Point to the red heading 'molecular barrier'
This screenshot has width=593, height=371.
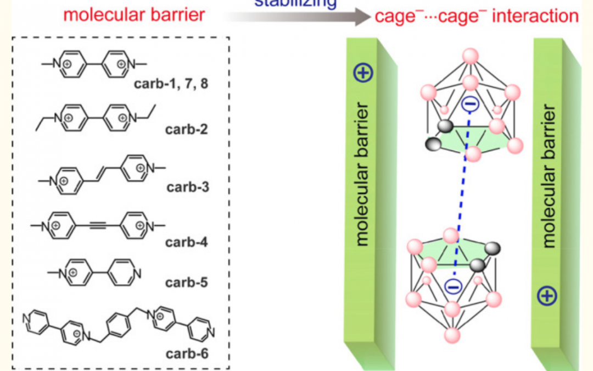[x=134, y=14]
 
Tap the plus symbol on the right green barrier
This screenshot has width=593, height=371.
[x=549, y=295]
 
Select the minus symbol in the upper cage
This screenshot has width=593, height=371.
[x=468, y=103]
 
